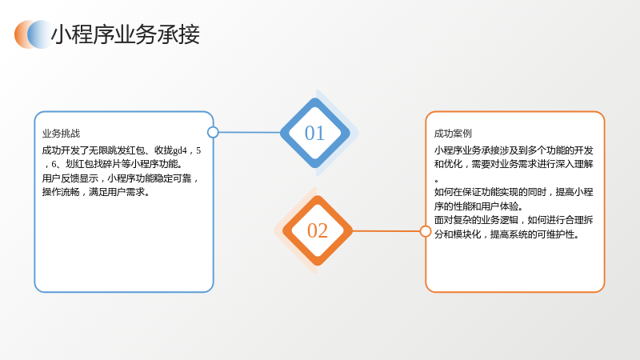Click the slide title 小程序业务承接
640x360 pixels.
click(x=126, y=34)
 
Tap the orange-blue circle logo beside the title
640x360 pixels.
click(x=34, y=34)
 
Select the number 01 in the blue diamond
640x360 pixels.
click(x=314, y=134)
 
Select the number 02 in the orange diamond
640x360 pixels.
click(x=318, y=231)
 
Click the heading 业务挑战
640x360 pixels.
click(x=62, y=134)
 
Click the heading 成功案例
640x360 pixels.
click(x=453, y=134)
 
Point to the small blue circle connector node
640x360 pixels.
click(x=213, y=132)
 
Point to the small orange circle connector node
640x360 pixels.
click(x=426, y=231)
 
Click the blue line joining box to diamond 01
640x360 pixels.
click(x=250, y=132)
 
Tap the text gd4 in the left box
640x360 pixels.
click(x=179, y=150)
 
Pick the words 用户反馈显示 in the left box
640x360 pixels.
click(x=70, y=178)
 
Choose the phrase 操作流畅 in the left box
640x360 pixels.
click(x=61, y=192)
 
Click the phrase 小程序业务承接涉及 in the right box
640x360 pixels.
click(x=476, y=150)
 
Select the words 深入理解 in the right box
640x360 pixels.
click(x=574, y=164)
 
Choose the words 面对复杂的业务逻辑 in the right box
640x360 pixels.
click(x=476, y=220)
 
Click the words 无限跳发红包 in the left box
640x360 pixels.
click(x=117, y=150)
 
